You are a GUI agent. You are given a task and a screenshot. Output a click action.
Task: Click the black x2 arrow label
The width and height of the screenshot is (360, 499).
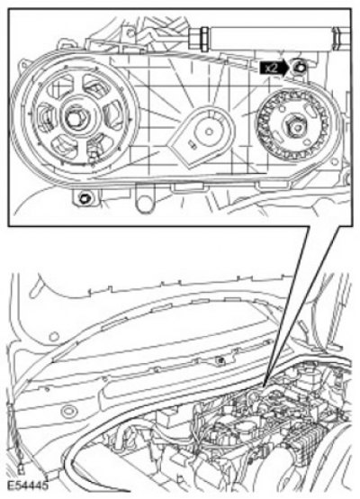(274, 68)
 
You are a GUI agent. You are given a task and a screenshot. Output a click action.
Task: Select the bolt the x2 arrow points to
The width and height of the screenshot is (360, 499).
(301, 68)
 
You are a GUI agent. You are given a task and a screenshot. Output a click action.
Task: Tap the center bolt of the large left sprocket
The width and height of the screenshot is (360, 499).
(75, 118)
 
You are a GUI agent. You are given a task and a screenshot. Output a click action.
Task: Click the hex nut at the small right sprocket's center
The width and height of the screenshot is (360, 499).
(296, 127)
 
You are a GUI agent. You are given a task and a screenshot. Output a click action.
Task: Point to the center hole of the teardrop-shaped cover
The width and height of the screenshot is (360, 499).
(209, 131)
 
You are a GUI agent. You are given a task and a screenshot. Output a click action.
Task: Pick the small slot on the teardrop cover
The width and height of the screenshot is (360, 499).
(192, 144)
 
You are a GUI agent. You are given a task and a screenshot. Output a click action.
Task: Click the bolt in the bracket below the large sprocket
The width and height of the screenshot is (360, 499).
(84, 199)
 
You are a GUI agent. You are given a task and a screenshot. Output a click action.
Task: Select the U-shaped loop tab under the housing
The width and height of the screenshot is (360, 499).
(144, 200)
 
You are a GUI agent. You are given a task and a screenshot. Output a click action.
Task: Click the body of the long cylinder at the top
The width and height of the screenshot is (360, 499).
(271, 39)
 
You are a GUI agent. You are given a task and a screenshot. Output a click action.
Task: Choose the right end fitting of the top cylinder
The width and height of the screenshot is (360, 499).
(341, 39)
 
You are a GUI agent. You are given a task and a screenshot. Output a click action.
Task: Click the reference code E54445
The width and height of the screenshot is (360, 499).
(27, 485)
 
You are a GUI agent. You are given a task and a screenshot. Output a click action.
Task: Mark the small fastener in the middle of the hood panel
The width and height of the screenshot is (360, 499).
(220, 360)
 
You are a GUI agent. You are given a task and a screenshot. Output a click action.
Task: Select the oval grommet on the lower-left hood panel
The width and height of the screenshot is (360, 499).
(67, 411)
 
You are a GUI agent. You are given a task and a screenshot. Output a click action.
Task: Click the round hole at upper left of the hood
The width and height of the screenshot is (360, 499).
(54, 336)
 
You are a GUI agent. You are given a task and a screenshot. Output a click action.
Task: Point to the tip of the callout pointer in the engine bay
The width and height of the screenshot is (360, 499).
(265, 386)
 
